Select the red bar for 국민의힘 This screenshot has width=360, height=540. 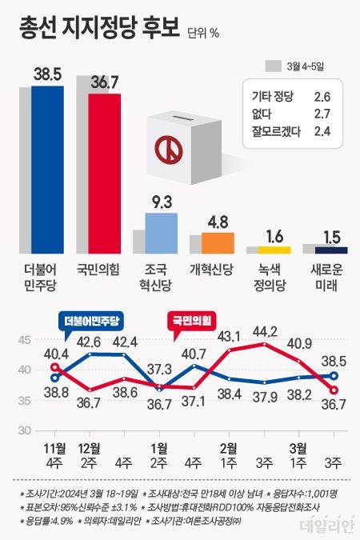[105, 172]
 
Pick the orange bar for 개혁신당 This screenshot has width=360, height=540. [218, 242]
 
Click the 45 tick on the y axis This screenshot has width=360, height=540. [25, 341]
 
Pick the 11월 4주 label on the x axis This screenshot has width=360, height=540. [54, 454]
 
